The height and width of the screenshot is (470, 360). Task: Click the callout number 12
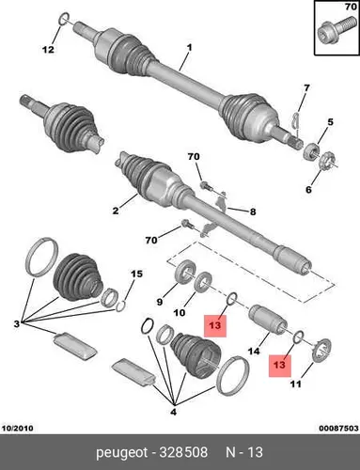click(48, 49)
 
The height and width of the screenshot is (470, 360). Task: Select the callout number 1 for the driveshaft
click(189, 48)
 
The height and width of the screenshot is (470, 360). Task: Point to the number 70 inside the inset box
click(351, 7)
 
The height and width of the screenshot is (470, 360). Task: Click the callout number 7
click(305, 88)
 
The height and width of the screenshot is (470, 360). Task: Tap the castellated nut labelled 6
click(326, 160)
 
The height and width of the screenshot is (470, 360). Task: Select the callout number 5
click(330, 121)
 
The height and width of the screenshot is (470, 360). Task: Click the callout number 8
click(253, 211)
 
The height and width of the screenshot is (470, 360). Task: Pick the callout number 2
click(116, 211)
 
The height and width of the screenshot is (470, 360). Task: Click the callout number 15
click(136, 274)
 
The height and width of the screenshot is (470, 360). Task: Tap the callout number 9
click(160, 302)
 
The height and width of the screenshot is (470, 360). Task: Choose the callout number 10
click(180, 312)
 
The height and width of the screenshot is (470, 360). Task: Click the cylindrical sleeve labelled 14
click(268, 320)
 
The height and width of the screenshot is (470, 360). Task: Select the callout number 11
click(295, 384)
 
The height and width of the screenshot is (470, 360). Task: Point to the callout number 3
click(16, 323)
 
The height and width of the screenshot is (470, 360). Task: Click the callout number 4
click(173, 412)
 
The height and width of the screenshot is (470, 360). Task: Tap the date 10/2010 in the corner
click(18, 428)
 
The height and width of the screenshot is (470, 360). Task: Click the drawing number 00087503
click(338, 428)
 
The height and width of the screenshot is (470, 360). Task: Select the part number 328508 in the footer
click(183, 452)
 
